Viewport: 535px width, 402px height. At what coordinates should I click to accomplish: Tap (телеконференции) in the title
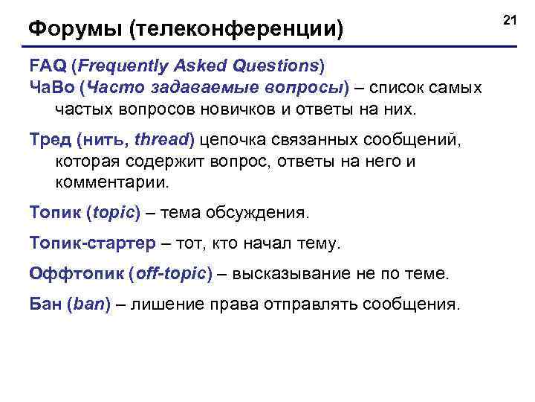tap(236, 30)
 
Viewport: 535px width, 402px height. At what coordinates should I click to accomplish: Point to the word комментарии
tap(111, 182)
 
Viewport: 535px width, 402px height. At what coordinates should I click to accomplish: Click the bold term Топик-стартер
tap(93, 243)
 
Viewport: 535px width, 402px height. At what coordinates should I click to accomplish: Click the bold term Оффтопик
tap(77, 273)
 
